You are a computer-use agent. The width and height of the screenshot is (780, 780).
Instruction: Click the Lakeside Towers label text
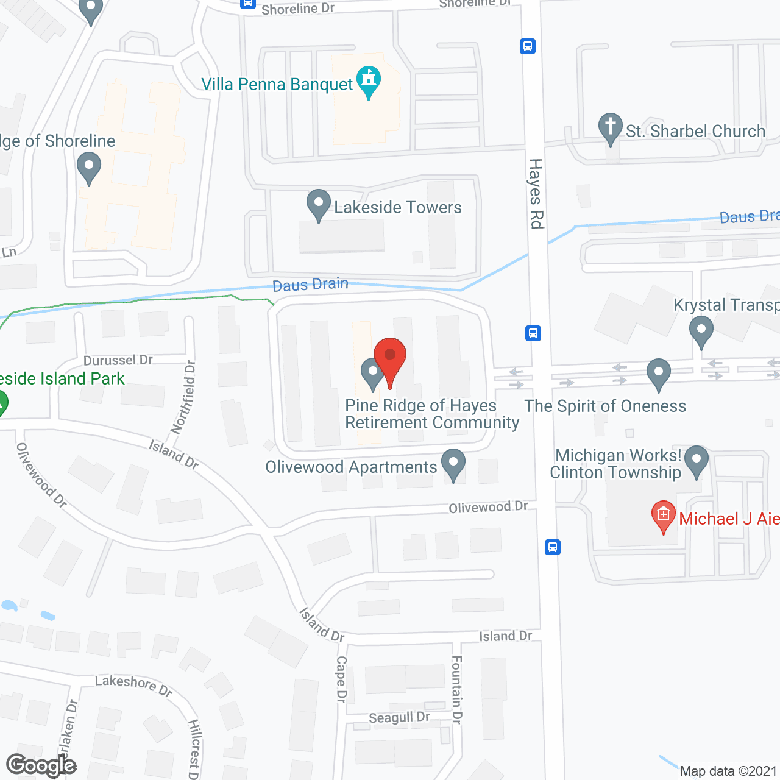[x=398, y=208]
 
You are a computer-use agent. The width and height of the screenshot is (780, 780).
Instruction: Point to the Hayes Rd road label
[x=536, y=194]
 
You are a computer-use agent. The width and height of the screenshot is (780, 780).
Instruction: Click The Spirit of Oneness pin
[x=658, y=374]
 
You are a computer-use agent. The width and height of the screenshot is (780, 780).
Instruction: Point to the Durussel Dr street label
[x=118, y=360]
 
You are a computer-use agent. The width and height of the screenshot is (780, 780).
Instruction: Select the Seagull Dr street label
[x=399, y=718]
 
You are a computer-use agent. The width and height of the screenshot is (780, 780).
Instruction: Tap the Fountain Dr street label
[x=457, y=689]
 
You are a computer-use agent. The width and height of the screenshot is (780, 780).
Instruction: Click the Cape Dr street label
[x=341, y=679]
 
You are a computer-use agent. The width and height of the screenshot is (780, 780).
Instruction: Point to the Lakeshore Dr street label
[x=133, y=684]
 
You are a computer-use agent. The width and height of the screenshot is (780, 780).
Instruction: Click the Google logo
[x=41, y=765]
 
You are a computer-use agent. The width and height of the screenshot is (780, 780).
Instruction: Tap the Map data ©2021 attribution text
[x=728, y=771]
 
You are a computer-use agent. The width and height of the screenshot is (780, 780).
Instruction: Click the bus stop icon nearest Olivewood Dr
[x=553, y=547]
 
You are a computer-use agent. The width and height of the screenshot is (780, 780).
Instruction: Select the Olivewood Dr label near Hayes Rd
[x=488, y=507]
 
